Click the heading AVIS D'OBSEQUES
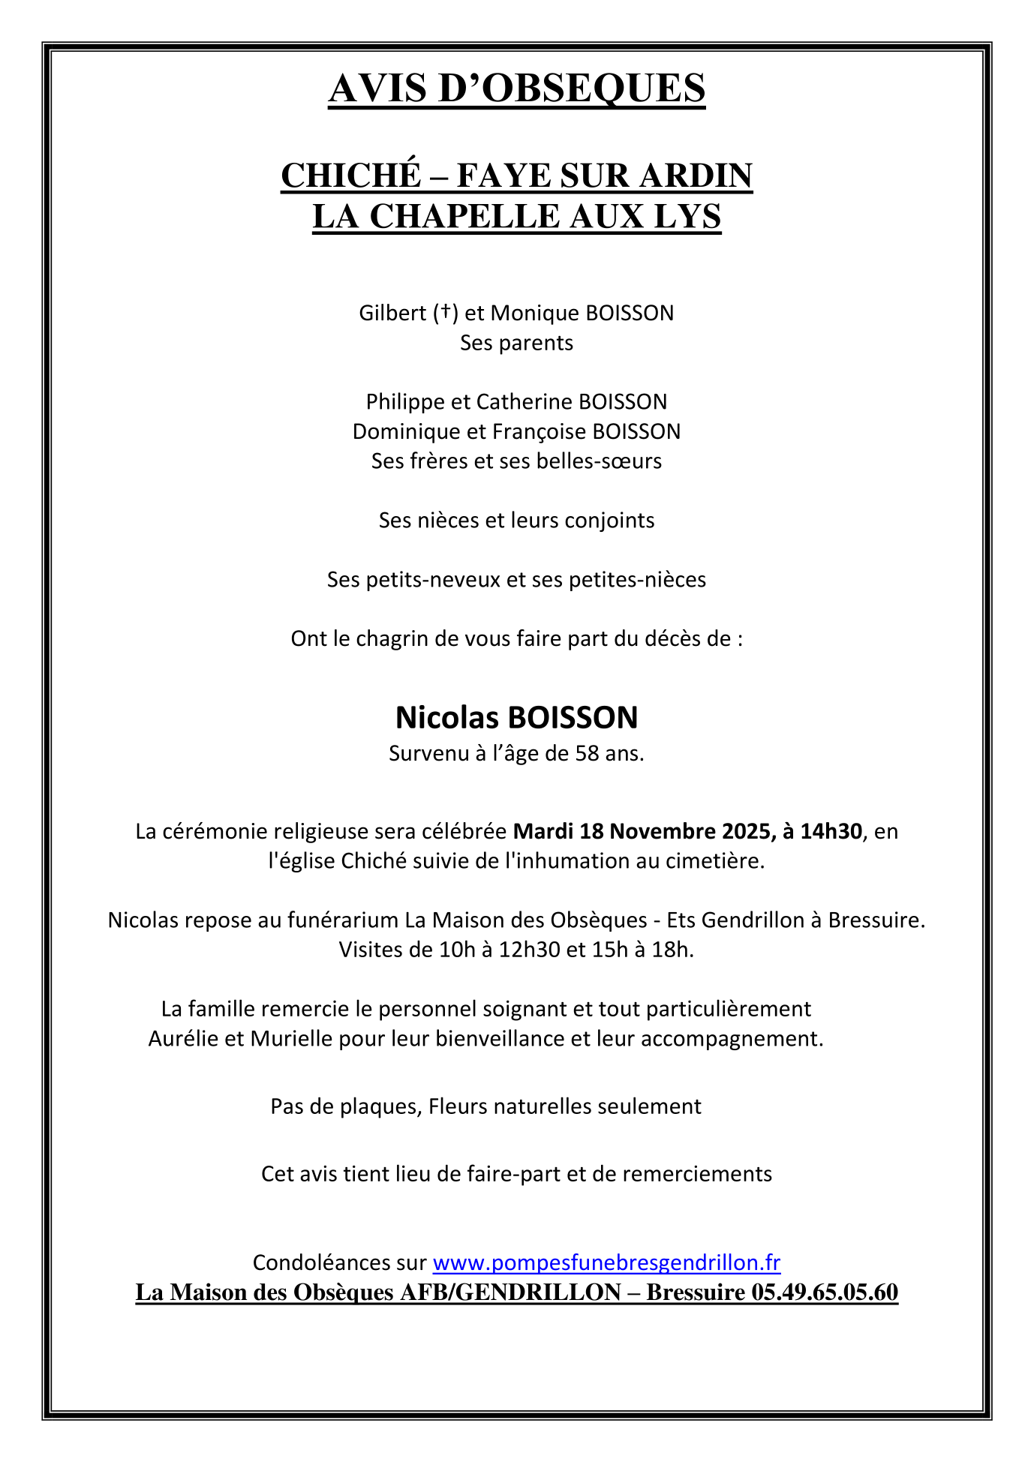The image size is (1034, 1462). (516, 89)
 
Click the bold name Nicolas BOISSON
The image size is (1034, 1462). (516, 718)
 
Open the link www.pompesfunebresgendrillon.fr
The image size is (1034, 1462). (606, 1262)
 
